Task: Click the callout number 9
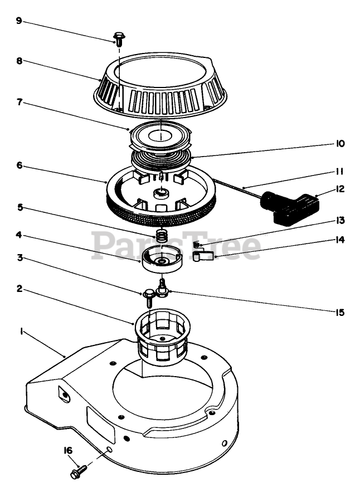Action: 19,21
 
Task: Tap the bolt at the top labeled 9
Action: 119,37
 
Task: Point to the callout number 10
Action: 340,144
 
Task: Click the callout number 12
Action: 340,189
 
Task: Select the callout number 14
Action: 340,241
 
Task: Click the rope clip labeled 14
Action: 203,256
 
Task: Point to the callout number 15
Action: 340,313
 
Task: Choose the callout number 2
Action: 19,289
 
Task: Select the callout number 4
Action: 19,235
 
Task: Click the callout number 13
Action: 340,220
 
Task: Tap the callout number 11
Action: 340,172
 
